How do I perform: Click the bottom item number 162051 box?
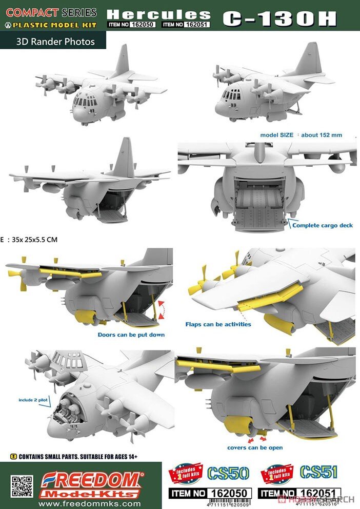[300, 494]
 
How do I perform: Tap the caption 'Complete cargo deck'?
[323, 225]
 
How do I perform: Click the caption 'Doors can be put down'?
[131, 335]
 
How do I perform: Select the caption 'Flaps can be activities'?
[218, 324]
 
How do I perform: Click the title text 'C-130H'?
[279, 18]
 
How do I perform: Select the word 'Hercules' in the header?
[158, 14]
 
